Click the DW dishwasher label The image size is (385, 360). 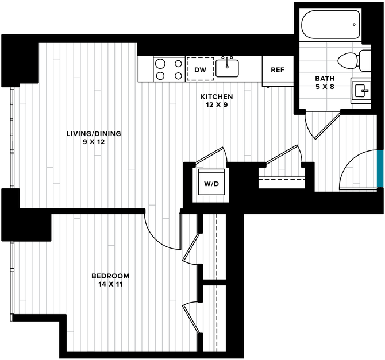click(200, 70)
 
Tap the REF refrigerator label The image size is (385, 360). click(278, 70)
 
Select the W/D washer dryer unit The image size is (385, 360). click(211, 182)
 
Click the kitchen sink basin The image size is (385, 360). click(227, 68)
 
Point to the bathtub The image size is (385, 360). click(330, 24)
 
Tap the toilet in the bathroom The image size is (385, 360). click(354, 61)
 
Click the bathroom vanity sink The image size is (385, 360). click(360, 90)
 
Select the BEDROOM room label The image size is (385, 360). click(110, 276)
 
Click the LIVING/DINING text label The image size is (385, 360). click(94, 134)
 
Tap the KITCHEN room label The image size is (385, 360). click(217, 96)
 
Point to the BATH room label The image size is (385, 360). click(325, 79)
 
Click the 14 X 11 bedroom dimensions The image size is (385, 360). click(110, 284)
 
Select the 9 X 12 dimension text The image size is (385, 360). click(94, 142)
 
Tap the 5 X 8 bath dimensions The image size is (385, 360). click(325, 87)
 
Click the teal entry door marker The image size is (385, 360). click(380, 168)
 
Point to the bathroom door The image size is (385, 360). click(328, 125)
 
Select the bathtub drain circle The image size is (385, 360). click(354, 25)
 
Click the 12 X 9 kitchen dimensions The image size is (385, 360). click(217, 105)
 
